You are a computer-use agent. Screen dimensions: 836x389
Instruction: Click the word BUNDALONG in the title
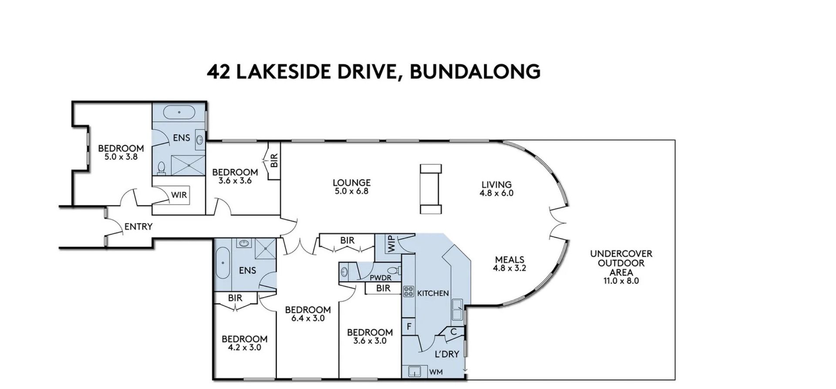pos(475,72)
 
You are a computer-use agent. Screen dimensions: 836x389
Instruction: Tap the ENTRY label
pos(138,227)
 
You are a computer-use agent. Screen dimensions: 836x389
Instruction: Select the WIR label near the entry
pos(179,195)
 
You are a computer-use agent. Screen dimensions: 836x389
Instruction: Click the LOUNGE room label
pos(352,183)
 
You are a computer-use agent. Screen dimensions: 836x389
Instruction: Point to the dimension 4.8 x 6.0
pos(496,193)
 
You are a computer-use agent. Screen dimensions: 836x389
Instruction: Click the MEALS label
pos(509,260)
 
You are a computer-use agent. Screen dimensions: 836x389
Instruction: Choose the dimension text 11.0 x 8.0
pos(621,281)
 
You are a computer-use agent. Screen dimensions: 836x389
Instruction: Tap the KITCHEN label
pos(433,293)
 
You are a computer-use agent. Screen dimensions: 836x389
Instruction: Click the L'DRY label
pos(447,354)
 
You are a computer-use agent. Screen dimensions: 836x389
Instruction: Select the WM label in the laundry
pos(436,372)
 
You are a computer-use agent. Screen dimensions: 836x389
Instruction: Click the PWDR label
pos(381,278)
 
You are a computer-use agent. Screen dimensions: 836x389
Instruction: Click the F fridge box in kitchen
pos(409,326)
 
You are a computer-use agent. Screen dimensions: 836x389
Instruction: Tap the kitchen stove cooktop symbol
pos(409,292)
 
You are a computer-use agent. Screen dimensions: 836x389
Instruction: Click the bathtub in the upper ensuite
pos(179,113)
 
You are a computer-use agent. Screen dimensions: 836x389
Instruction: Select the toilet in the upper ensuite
pos(162,168)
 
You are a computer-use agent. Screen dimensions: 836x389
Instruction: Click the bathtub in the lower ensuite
pos(223,263)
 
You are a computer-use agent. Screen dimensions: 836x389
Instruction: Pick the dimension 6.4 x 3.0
pos(308,318)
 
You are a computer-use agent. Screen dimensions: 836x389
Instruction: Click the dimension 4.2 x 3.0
pos(244,347)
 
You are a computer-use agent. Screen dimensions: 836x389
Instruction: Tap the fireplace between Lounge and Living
pos(431,189)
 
